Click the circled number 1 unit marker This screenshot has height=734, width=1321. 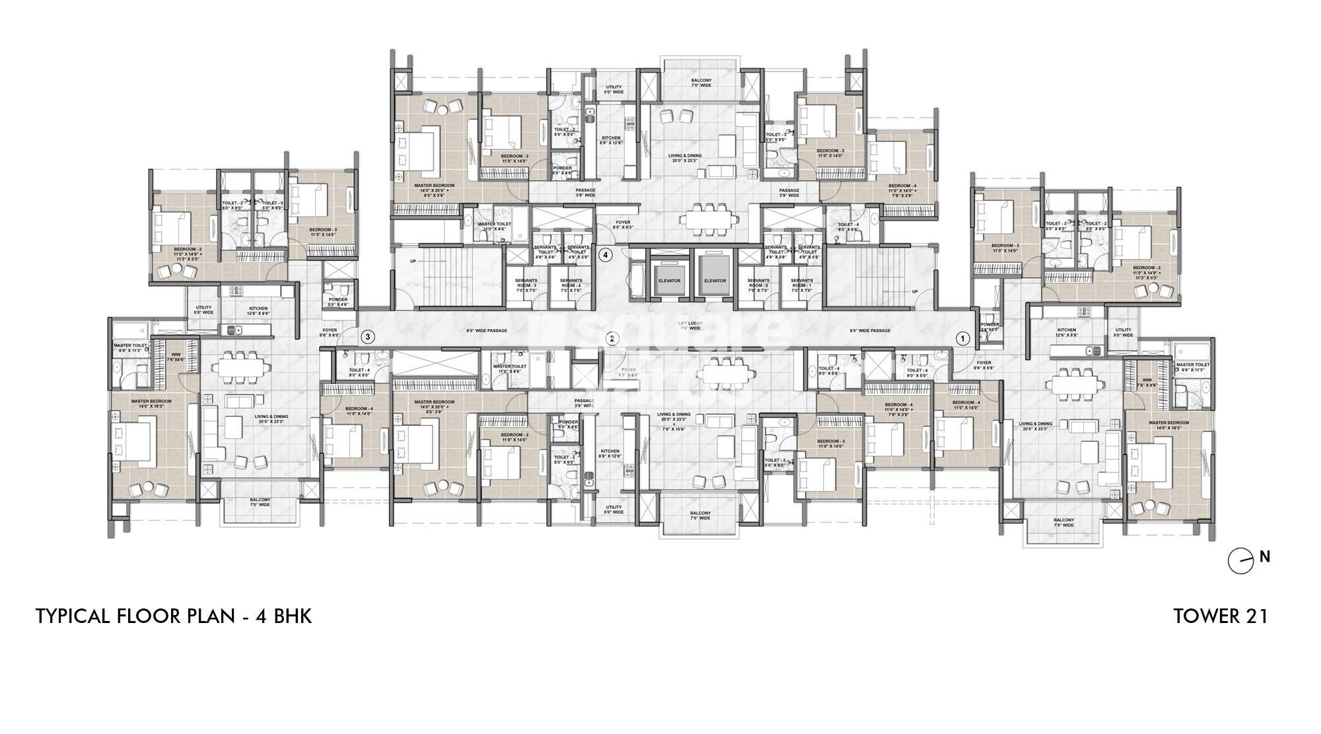click(962, 338)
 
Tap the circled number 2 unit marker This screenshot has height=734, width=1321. click(613, 339)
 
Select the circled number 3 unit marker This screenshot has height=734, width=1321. click(368, 337)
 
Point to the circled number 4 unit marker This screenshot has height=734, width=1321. click(606, 254)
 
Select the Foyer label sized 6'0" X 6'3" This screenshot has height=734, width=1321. click(623, 225)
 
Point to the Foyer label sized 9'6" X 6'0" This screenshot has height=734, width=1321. click(330, 332)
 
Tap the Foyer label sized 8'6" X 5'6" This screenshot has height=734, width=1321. click(984, 365)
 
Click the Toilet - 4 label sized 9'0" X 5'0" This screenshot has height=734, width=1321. click(917, 373)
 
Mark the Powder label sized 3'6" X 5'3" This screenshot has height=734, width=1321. click(989, 327)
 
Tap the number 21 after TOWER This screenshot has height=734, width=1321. click(1254, 616)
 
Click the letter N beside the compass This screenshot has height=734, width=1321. click(1264, 557)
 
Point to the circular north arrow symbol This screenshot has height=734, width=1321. click(1239, 562)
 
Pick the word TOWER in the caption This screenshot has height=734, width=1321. click(1203, 616)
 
